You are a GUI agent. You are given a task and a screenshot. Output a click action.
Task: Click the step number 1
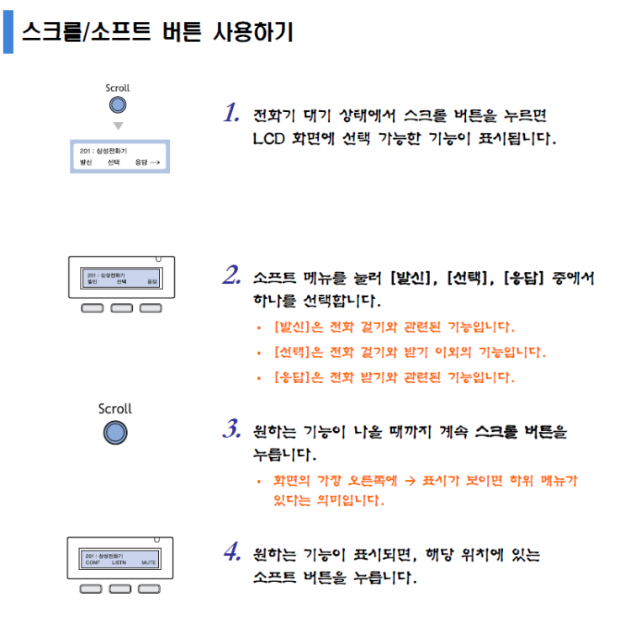(231, 114)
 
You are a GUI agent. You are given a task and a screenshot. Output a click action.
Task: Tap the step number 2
(232, 275)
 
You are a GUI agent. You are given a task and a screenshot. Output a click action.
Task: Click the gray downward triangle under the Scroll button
(118, 126)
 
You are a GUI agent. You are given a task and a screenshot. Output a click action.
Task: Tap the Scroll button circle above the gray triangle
(118, 105)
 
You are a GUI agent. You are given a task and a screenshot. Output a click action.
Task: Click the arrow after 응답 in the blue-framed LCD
(155, 161)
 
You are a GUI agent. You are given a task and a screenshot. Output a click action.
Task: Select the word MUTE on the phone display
(149, 562)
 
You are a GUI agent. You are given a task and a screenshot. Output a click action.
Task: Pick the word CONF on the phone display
(93, 562)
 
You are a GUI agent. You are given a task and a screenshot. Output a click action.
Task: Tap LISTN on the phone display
(119, 562)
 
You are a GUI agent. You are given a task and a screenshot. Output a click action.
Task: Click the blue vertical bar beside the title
(8, 33)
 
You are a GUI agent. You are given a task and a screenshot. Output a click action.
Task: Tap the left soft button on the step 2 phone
(91, 308)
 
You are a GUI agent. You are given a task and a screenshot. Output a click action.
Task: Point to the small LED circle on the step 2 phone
(158, 259)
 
